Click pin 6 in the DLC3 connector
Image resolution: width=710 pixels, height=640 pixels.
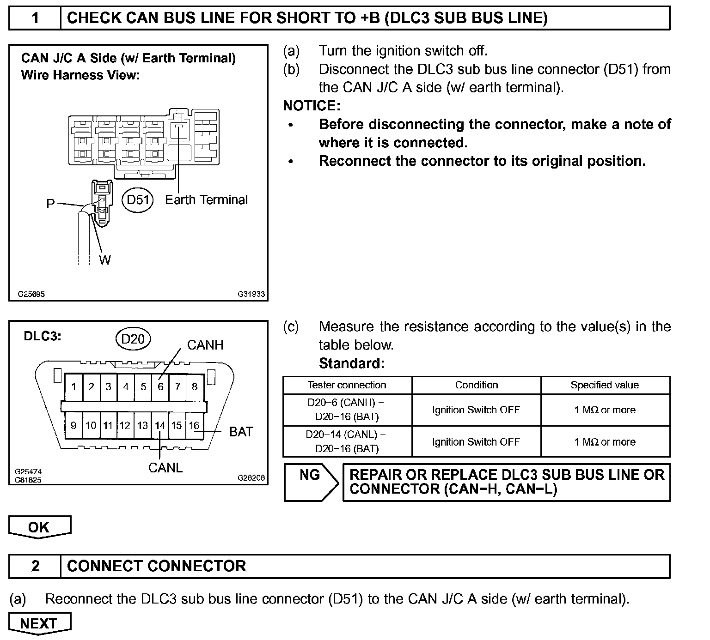pos(160,386)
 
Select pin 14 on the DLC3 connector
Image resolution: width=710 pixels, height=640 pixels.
pos(160,425)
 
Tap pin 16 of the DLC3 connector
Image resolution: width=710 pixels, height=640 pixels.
pos(194,425)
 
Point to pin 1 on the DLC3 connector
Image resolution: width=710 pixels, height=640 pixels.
pos(74,386)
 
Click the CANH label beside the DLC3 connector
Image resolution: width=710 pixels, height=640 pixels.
pos(205,345)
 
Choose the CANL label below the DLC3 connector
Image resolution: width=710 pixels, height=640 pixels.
pos(165,468)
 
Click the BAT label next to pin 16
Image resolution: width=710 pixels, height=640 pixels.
pos(241,432)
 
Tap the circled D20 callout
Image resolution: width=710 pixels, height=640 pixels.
pos(133,339)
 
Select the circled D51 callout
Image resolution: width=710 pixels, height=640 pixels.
pos(138,200)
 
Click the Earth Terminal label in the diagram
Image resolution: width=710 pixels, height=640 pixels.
pos(206,200)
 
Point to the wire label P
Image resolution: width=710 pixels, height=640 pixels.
pos(50,204)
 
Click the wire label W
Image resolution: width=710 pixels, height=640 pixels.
pos(105,260)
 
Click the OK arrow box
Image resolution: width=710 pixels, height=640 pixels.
pos(39,527)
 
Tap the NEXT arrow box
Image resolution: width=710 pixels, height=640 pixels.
pos(39,623)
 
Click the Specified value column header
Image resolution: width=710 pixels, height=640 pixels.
pos(605,385)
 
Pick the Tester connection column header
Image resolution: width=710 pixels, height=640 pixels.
pos(347,385)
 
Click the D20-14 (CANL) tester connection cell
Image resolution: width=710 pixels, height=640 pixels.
pos(347,441)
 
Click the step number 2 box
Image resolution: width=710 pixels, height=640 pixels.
pos(35,566)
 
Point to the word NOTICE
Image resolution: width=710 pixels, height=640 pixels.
pos(312,106)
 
